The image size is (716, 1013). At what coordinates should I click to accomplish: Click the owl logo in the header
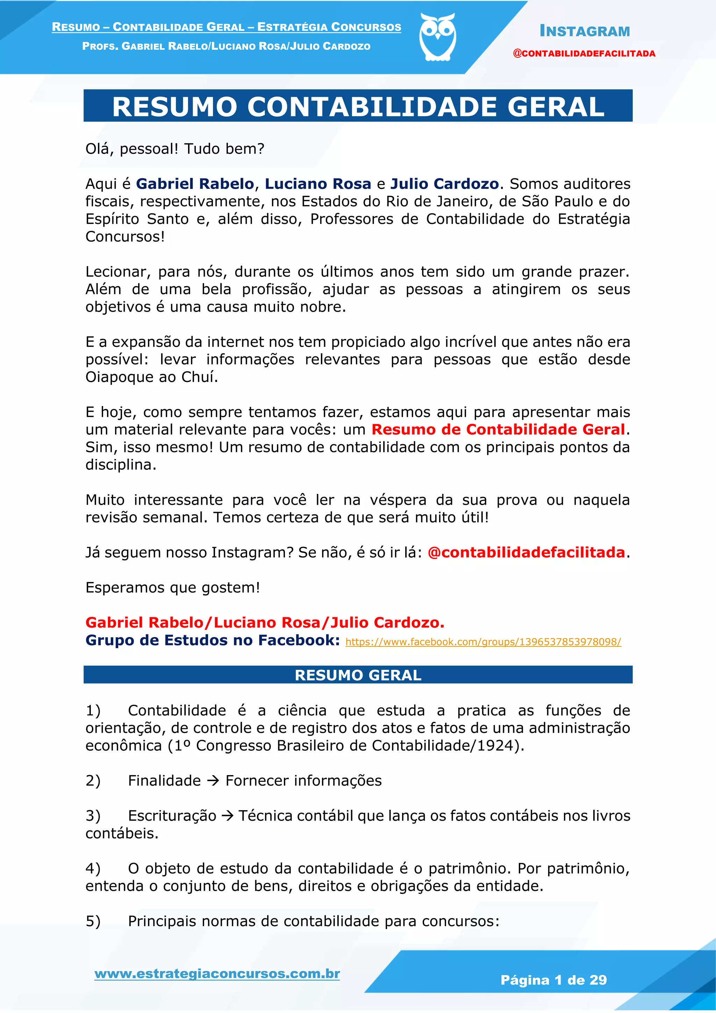[x=437, y=37]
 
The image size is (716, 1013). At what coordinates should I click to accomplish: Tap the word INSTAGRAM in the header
[x=585, y=31]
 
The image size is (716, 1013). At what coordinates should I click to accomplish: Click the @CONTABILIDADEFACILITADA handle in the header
[x=584, y=54]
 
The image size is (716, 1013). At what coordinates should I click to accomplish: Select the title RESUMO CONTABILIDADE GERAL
[x=358, y=107]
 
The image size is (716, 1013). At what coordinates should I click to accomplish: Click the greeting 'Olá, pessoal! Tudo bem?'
[x=174, y=149]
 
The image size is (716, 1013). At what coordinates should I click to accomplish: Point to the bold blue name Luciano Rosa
[x=318, y=184]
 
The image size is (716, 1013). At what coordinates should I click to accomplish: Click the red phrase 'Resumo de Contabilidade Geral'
[x=498, y=429]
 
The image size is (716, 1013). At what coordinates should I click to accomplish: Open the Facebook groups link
[x=483, y=642]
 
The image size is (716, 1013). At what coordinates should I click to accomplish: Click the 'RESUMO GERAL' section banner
[x=358, y=675]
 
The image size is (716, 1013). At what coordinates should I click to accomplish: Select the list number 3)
[x=93, y=816]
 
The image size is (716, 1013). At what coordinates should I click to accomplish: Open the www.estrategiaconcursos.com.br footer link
[x=217, y=974]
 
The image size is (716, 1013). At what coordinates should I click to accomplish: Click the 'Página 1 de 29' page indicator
[x=553, y=980]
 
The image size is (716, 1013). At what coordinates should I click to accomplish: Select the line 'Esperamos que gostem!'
[x=173, y=588]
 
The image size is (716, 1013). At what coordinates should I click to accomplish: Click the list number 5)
[x=93, y=921]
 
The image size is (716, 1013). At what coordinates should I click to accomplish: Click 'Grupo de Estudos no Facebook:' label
[x=213, y=640]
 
